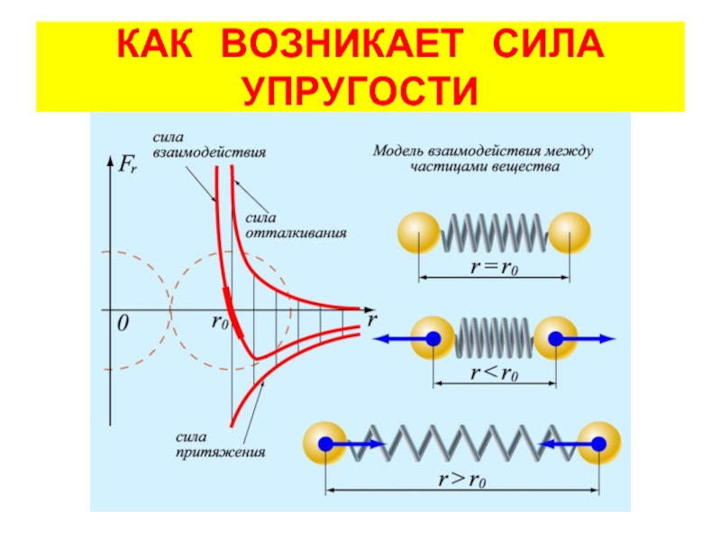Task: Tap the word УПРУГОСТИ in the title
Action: point(360,89)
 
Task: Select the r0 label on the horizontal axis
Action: point(220,322)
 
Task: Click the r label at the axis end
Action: point(371,320)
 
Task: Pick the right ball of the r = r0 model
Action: point(570,234)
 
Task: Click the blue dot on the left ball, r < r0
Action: point(434,339)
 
